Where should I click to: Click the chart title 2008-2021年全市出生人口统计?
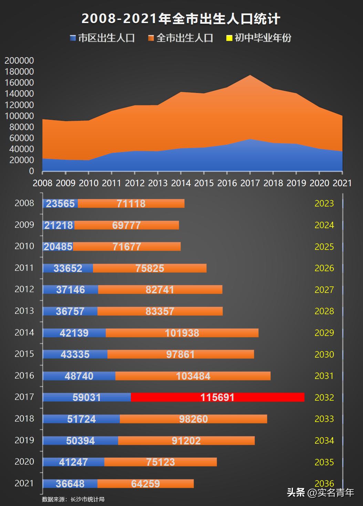[181, 19]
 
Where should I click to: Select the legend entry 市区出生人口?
[102, 38]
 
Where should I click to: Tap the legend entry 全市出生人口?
[181, 38]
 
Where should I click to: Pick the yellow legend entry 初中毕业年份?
[259, 38]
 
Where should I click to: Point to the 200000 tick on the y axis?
[19, 61]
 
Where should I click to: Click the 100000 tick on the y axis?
[19, 116]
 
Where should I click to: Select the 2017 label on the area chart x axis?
[250, 183]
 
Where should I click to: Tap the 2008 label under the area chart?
[42, 183]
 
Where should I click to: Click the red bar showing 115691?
[217, 397]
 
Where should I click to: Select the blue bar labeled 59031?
[87, 397]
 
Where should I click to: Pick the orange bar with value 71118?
[131, 203]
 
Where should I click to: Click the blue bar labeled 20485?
[58, 246]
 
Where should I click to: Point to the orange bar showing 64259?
[145, 484]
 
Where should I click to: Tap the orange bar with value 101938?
[182, 333]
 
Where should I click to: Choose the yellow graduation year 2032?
[324, 397]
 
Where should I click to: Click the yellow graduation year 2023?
[324, 203]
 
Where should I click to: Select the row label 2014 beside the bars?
[24, 333]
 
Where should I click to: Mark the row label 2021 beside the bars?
[24, 483]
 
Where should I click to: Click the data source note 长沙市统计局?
[73, 499]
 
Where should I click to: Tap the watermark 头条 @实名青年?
[320, 493]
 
